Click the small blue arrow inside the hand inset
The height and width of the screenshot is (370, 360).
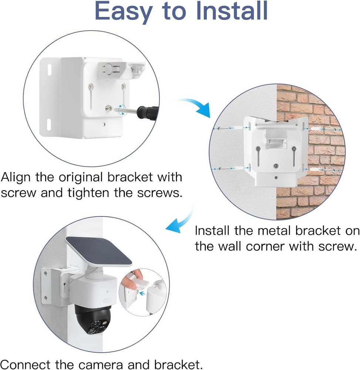pos(141,293)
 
